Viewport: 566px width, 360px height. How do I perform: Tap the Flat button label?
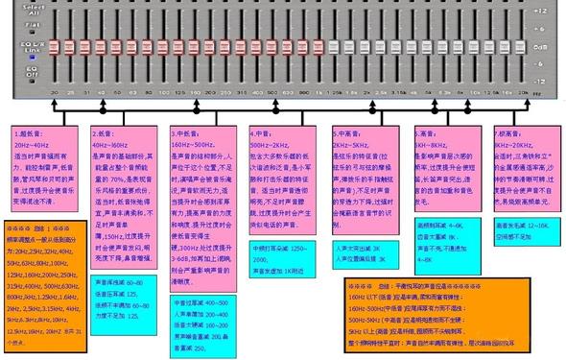[18, 26]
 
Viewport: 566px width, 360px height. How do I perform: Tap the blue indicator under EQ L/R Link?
[18, 57]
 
